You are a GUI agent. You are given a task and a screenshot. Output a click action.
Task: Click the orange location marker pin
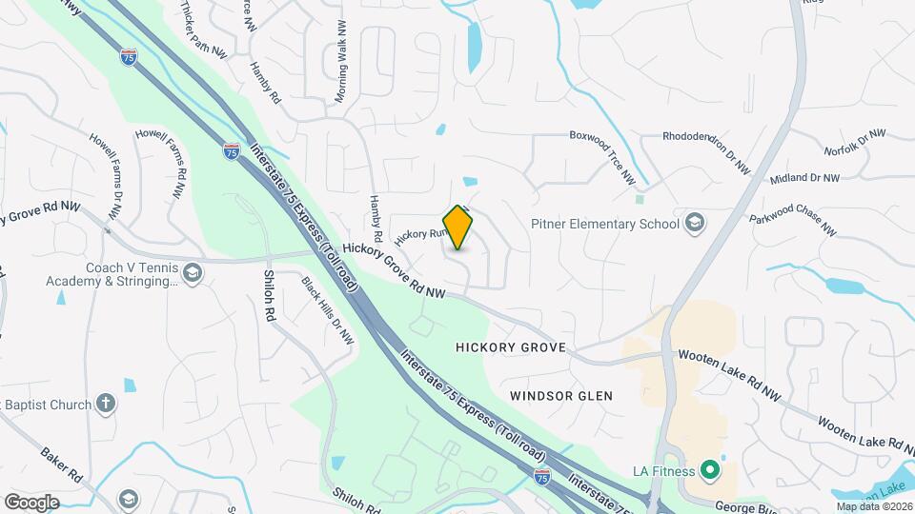click(x=458, y=227)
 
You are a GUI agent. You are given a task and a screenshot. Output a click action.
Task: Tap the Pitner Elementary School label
click(x=605, y=224)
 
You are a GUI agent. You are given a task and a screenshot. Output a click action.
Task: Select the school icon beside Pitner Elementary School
click(x=695, y=224)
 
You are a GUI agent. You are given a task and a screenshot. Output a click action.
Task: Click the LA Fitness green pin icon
click(x=708, y=470)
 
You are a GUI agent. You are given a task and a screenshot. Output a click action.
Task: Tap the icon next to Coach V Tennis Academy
click(x=193, y=274)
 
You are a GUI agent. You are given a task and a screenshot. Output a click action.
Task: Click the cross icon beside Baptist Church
click(x=106, y=404)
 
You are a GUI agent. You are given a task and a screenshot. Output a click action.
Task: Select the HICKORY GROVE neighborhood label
click(x=511, y=348)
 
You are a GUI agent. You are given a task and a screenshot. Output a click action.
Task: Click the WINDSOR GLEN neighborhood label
click(x=560, y=395)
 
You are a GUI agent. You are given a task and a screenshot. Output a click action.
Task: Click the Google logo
click(x=31, y=502)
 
